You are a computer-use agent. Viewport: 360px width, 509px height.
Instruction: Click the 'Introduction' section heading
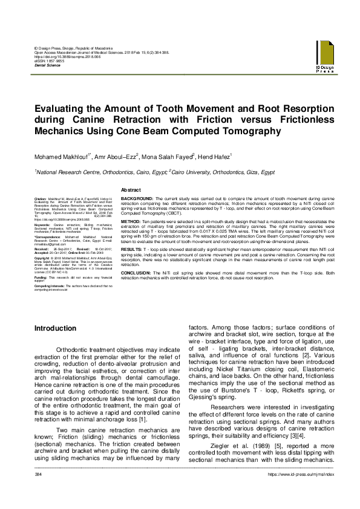click(x=55, y=328)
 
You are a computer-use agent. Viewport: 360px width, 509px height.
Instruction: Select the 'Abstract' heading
click(x=131, y=190)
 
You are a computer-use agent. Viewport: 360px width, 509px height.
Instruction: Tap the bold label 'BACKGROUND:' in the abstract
click(x=137, y=198)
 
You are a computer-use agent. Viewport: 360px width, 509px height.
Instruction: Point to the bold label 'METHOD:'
click(x=131, y=222)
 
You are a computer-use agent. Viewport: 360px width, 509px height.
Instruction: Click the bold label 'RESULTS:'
click(x=132, y=248)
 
